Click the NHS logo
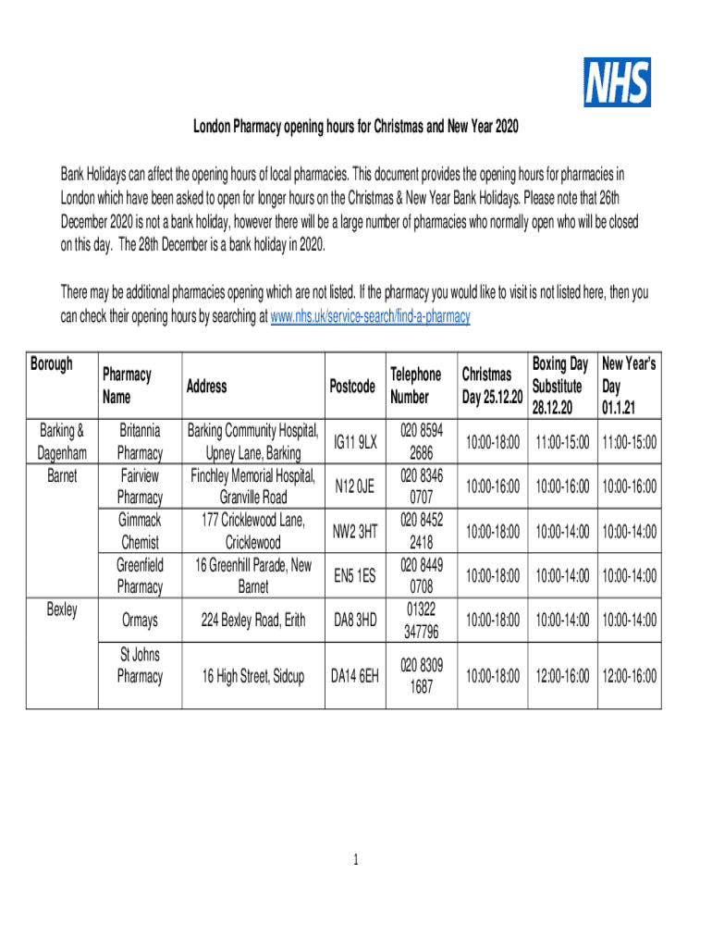click(617, 81)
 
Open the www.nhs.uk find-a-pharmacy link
click(369, 316)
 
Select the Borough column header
click(52, 363)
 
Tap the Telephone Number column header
click(415, 385)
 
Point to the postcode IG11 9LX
click(354, 442)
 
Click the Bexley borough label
click(58, 609)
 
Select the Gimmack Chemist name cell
click(140, 531)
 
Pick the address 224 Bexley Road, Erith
click(254, 621)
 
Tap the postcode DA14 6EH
click(355, 676)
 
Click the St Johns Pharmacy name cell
click(140, 666)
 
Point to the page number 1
click(355, 861)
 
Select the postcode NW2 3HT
click(354, 531)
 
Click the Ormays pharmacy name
click(140, 621)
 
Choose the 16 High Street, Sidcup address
click(254, 676)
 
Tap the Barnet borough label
click(58, 475)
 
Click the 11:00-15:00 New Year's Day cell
click(629, 443)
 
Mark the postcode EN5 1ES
click(354, 575)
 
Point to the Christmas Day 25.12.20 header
click(493, 386)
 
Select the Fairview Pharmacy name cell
click(140, 486)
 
